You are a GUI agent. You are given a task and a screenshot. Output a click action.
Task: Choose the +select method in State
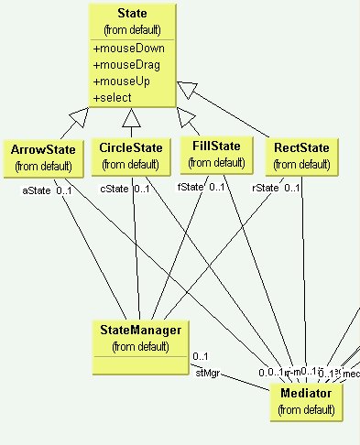(114, 97)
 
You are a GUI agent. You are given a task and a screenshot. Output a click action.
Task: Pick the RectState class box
(301, 155)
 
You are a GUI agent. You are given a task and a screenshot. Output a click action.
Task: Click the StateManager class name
(139, 330)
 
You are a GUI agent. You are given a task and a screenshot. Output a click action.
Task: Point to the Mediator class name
(306, 393)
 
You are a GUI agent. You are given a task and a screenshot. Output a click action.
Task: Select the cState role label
(113, 189)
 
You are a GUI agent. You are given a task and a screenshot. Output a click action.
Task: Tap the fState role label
(188, 187)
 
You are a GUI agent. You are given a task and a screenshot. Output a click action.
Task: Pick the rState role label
(265, 189)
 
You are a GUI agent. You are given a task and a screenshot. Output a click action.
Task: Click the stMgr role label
(207, 373)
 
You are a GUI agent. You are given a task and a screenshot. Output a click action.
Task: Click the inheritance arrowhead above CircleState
(132, 115)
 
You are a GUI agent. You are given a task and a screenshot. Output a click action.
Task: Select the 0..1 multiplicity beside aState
(64, 190)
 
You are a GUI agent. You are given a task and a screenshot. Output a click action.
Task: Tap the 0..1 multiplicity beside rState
(291, 189)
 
